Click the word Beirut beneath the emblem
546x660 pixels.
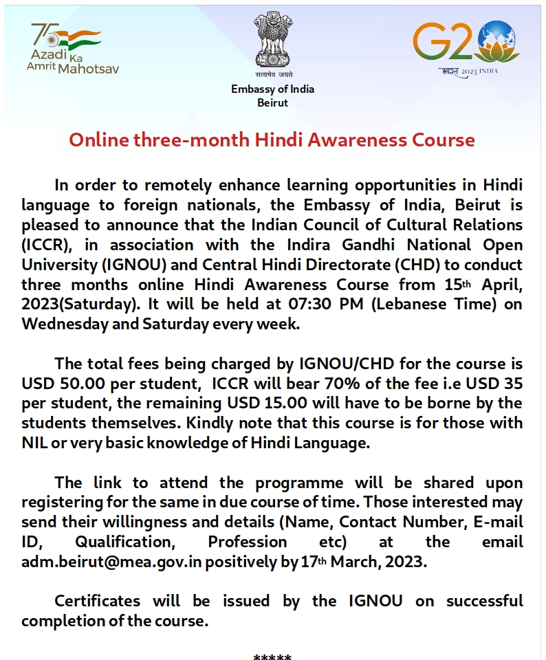tap(272, 102)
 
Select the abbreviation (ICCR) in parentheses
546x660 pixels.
tap(47, 245)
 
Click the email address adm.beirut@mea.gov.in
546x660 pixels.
tap(111, 562)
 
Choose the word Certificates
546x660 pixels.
tap(97, 601)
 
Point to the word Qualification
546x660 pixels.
tap(124, 542)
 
